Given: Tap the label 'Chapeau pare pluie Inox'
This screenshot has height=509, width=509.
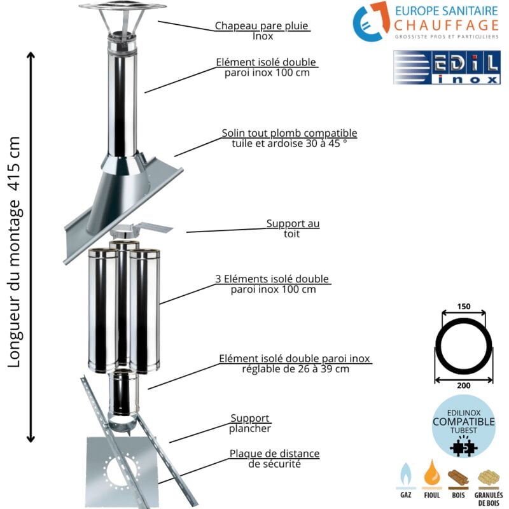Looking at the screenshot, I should point(261,31).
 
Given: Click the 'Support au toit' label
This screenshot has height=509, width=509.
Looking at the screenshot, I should point(293,228).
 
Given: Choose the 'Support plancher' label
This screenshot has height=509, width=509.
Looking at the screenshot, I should point(250,423).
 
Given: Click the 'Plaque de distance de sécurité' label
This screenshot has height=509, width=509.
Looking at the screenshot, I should point(274,458).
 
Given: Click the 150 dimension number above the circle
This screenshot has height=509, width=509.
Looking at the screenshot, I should point(464,307).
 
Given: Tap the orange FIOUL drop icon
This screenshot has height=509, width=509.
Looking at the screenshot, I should point(433,474).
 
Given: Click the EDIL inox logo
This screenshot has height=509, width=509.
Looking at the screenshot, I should point(446,68).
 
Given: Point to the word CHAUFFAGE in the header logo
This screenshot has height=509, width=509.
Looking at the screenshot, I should point(445,25).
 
